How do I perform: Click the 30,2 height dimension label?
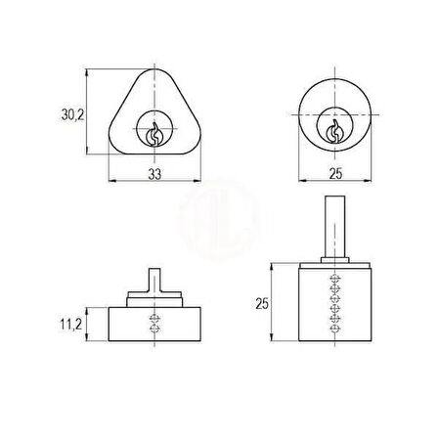(73, 115)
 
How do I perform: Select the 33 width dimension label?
(154, 174)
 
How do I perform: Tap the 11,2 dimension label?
(71, 325)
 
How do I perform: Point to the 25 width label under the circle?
(335, 174)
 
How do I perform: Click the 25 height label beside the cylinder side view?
(262, 304)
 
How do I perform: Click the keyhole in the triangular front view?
(154, 134)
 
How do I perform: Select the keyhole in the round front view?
(334, 131)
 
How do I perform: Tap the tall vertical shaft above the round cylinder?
(335, 227)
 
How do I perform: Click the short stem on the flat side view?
(154, 281)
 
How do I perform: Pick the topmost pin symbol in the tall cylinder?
(335, 279)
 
